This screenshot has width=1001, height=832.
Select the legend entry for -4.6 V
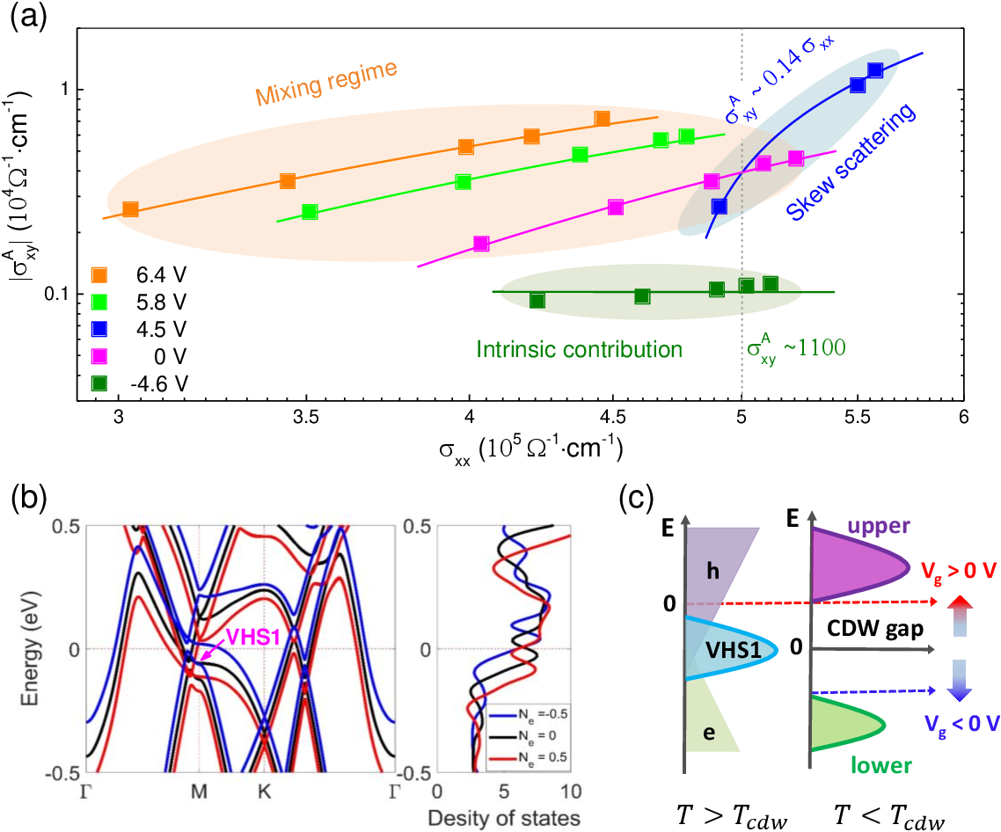[99, 383]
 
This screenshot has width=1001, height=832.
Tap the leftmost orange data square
[130, 209]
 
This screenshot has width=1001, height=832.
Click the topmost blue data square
[874, 70]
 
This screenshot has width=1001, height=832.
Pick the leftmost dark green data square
[537, 301]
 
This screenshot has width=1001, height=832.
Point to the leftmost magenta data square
[481, 244]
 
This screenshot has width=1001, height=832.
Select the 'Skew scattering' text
[851, 162]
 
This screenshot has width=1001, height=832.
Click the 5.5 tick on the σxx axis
[858, 418]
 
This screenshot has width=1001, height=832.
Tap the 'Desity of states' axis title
[505, 818]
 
